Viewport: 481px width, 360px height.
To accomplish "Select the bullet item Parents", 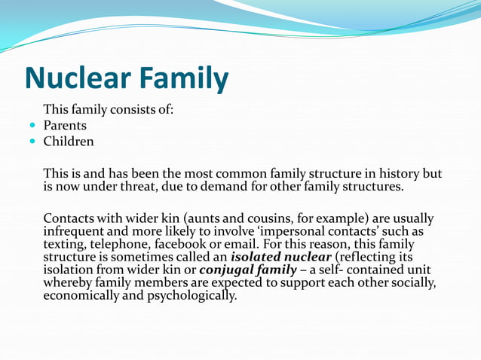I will tap(65, 126).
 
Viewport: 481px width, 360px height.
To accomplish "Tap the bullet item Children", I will tap(69, 141).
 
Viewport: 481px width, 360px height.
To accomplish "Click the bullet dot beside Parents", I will tap(32, 126).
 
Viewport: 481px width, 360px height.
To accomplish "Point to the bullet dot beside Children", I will tap(32, 141).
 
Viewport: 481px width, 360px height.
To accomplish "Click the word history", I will tap(399, 173).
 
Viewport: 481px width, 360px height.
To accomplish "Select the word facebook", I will tap(179, 244).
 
